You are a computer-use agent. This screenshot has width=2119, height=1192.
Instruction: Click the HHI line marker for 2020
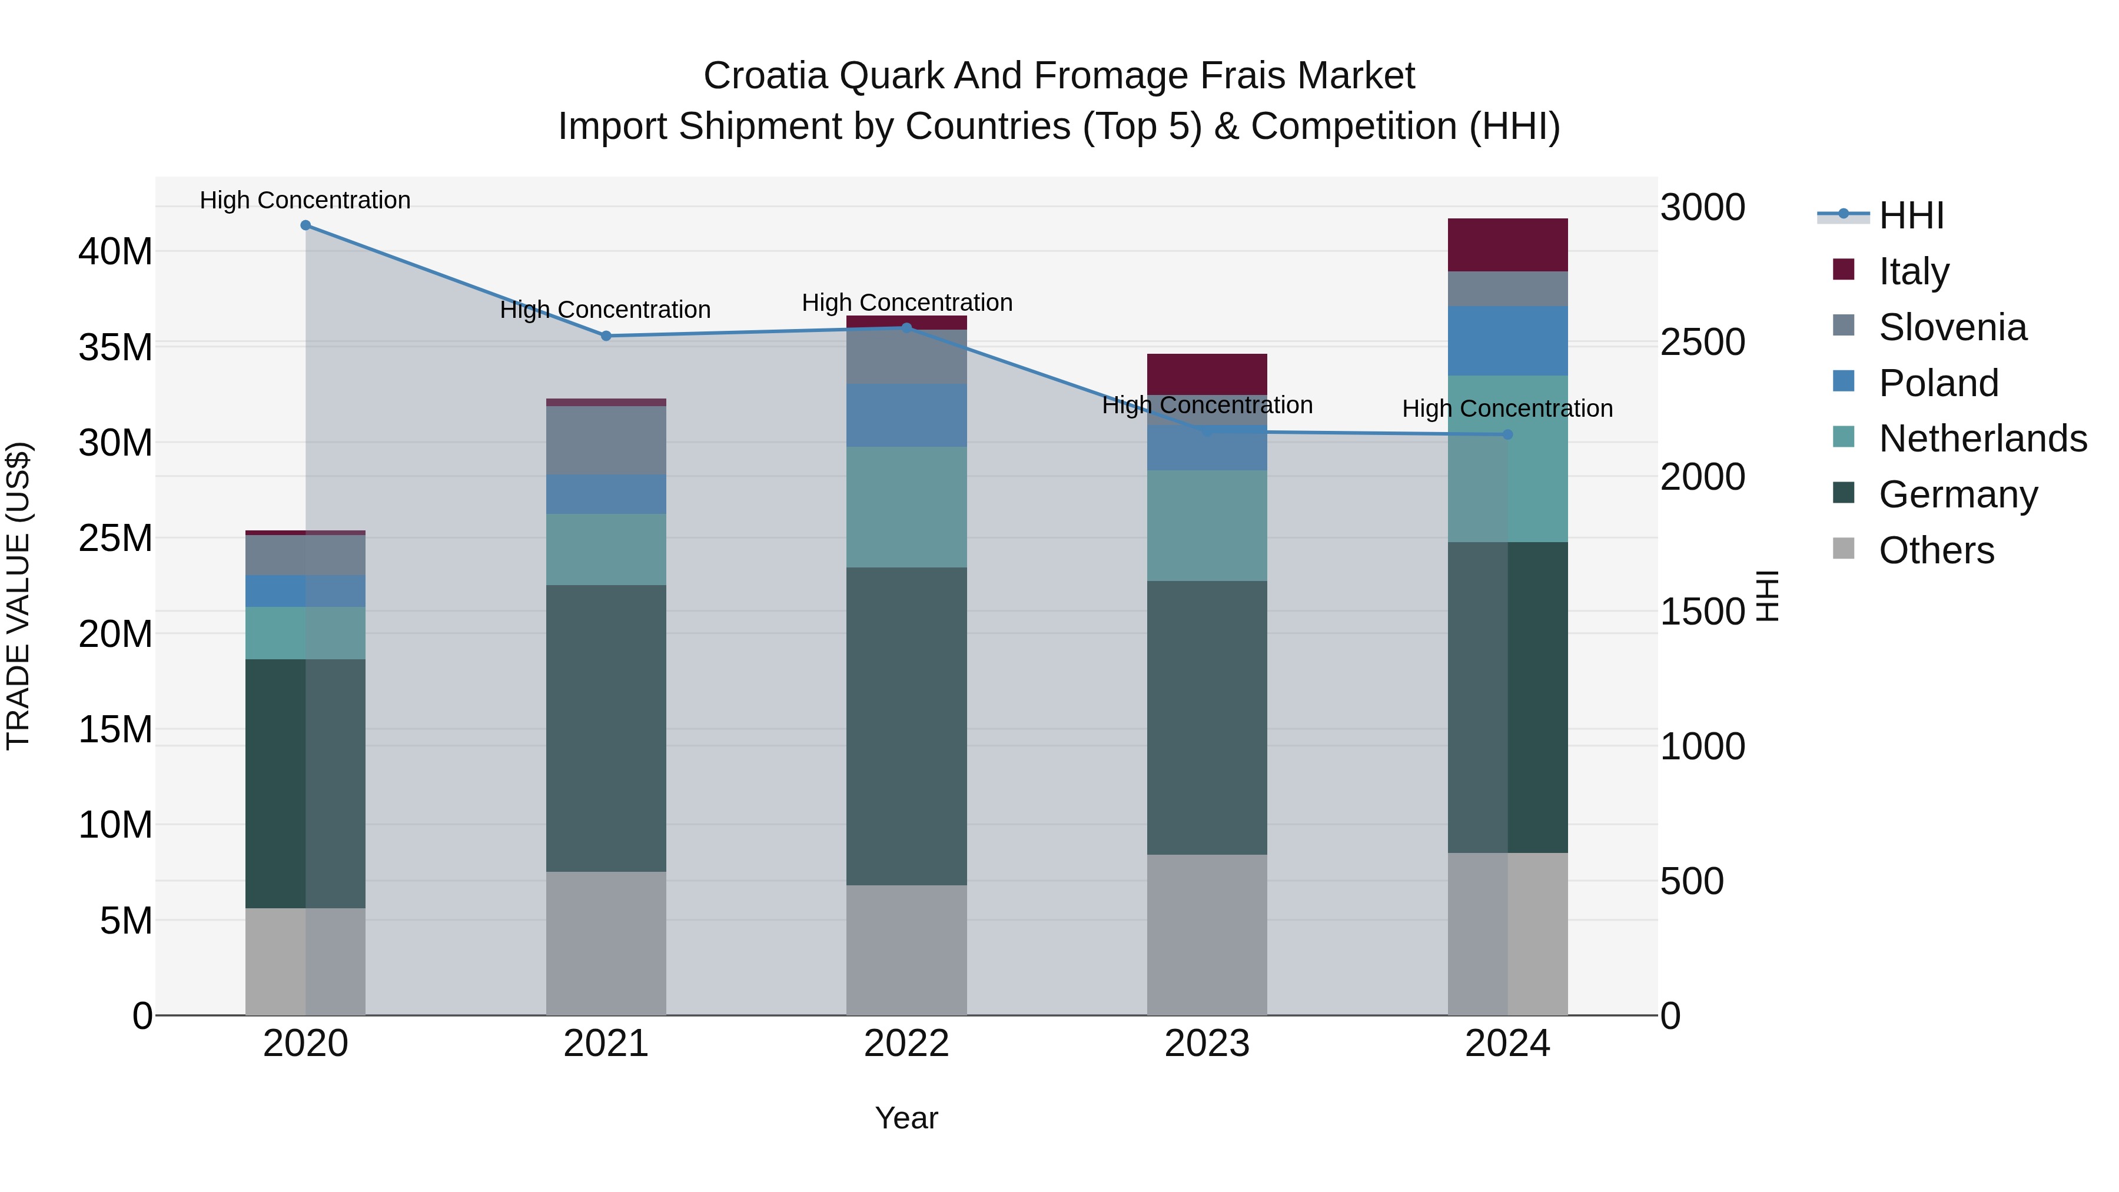tap(305, 225)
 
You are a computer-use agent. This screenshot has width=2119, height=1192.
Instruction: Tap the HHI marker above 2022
tap(906, 327)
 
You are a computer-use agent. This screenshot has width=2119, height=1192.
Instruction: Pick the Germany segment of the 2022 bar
tap(906, 726)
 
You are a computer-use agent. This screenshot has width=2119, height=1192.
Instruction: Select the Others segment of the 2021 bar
tap(606, 943)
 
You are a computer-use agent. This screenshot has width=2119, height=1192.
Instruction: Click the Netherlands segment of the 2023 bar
tap(1207, 526)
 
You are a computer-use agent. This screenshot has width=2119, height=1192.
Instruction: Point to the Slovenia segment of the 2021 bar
tap(606, 440)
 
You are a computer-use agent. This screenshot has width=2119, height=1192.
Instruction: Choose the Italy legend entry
tap(1914, 271)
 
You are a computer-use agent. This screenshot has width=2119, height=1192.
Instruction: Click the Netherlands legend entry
tap(1982, 439)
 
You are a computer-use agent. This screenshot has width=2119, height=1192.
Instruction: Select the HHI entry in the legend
tap(1911, 215)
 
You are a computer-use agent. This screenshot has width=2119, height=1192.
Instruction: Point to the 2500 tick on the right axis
tap(1702, 342)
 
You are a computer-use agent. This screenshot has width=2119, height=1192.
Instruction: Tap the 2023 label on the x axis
tap(1207, 1044)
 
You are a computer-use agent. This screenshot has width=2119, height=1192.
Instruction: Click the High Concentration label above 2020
tap(305, 200)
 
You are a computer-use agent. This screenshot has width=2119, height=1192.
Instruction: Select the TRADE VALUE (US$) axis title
tap(18, 596)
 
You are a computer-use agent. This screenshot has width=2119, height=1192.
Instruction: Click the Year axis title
tap(906, 1118)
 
